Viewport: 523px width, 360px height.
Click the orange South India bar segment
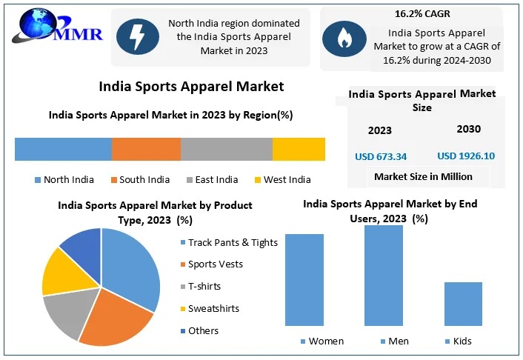point(146,149)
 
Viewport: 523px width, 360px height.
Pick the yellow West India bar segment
point(299,149)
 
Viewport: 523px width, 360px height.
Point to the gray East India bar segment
point(227,149)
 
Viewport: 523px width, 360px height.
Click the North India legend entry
point(64,179)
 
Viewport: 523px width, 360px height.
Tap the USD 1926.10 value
point(465,156)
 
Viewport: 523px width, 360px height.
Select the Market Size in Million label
point(423,176)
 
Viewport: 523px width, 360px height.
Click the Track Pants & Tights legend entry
point(227,242)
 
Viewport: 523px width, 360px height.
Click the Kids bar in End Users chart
point(463,303)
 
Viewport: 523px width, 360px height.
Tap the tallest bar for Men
point(384,275)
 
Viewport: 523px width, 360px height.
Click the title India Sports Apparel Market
point(191,87)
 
